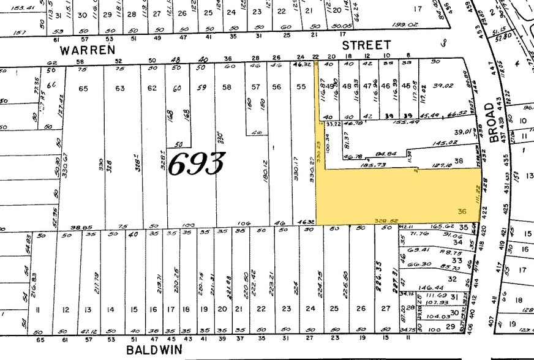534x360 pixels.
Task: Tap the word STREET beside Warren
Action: (366, 45)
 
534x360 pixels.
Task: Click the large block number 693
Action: (196, 163)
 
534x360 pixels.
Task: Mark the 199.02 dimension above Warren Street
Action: (404, 24)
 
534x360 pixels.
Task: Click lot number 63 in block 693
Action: (121, 88)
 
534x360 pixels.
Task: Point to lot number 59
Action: (201, 88)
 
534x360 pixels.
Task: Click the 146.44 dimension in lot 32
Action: (431, 287)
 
